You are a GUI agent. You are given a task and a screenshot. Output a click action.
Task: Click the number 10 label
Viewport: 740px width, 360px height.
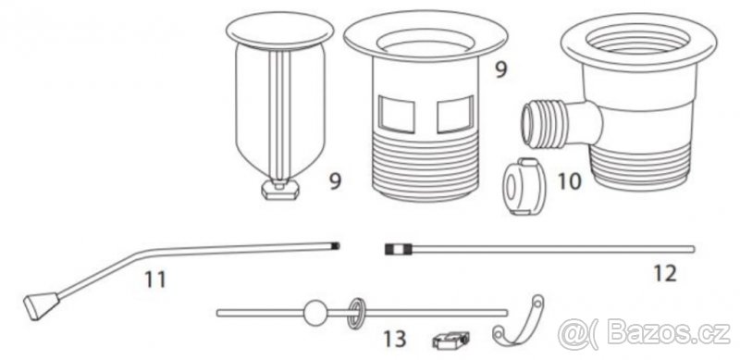[x=570, y=181]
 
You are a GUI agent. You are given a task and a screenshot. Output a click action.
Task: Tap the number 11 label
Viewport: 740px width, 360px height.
[x=155, y=279]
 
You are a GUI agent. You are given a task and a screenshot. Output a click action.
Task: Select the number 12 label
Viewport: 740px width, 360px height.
[x=665, y=273]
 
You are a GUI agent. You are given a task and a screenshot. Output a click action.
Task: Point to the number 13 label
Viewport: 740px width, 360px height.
[x=395, y=339]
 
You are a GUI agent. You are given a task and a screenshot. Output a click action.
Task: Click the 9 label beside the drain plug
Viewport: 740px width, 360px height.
[x=335, y=181]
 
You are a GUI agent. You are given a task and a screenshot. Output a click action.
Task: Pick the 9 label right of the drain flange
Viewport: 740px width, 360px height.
[x=500, y=70]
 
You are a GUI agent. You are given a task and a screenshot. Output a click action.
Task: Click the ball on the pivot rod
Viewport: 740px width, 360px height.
[x=314, y=313]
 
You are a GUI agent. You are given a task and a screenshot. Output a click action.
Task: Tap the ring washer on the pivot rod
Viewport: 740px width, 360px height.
[x=357, y=313]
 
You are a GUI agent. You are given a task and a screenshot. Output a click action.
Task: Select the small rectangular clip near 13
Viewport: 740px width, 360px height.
[x=450, y=341]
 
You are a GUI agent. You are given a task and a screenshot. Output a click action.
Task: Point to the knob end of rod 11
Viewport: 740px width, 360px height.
[x=42, y=304]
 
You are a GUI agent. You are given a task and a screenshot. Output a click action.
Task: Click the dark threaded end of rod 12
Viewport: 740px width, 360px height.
[x=399, y=250]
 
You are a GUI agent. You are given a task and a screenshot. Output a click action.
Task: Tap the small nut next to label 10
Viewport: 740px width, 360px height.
[x=524, y=186]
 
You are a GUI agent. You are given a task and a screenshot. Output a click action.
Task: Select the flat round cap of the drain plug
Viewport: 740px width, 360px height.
[x=279, y=31]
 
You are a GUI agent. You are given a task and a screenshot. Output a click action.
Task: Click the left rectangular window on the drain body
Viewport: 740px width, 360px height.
[x=398, y=114]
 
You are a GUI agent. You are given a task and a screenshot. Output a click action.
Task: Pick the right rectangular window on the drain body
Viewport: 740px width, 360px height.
[x=455, y=114]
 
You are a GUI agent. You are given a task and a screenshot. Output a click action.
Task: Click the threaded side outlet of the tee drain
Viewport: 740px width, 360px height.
[x=544, y=125]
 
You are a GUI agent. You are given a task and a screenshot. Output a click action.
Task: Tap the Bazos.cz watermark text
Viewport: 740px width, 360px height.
[x=644, y=334]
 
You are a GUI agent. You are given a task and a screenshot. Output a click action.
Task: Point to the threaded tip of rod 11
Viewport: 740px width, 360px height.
[x=336, y=245]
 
